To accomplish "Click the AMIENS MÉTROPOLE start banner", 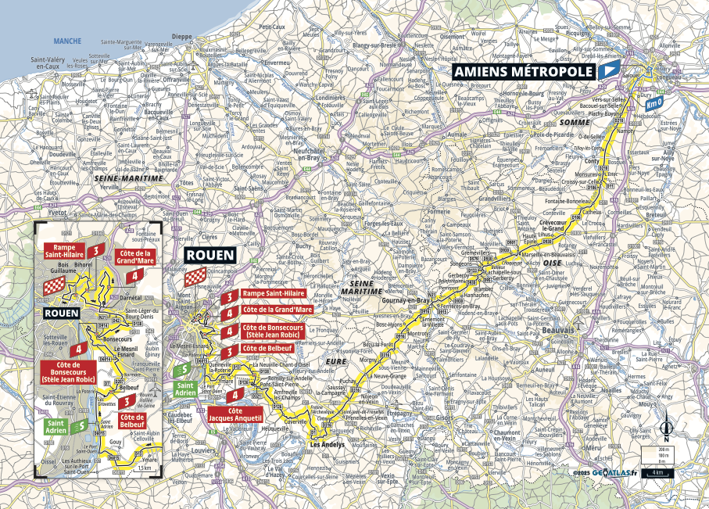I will pos(522,71).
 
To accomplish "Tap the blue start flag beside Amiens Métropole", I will pos(607,71).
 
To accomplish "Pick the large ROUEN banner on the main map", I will pos(203,256).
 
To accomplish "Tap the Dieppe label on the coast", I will pos(181,36).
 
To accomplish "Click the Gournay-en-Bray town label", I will pos(403,299).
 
